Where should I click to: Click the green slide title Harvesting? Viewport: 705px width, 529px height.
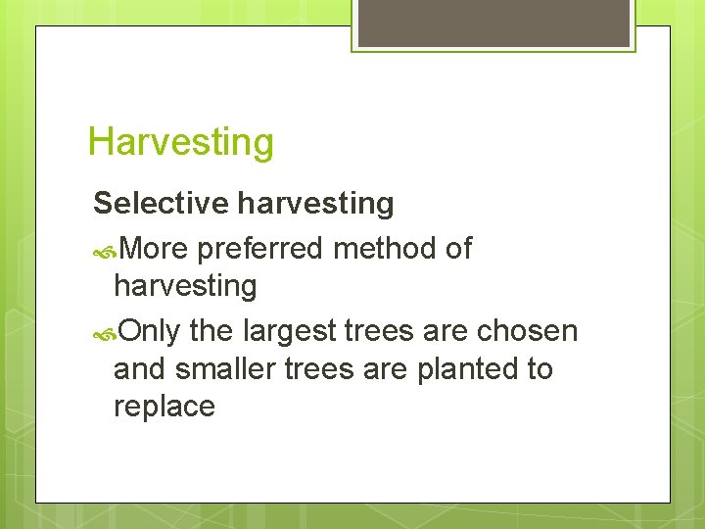click(x=180, y=142)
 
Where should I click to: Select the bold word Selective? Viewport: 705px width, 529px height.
click(x=162, y=204)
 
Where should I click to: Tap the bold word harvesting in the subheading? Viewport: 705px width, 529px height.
click(x=315, y=204)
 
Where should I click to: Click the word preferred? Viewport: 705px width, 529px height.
click(x=260, y=250)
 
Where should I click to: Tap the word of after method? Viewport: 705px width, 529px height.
click(x=458, y=249)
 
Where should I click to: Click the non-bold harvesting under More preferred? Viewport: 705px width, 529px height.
click(x=185, y=287)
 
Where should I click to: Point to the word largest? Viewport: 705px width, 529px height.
click(x=277, y=332)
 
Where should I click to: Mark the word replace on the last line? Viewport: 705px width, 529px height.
click(x=164, y=407)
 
